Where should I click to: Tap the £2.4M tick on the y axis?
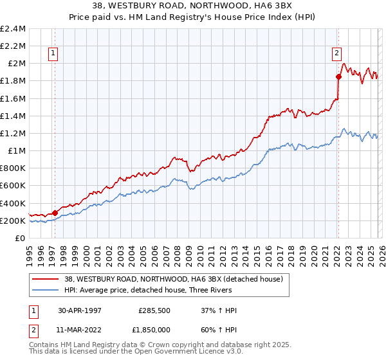[x=14, y=29]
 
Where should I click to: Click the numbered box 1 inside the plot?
[x=52, y=54]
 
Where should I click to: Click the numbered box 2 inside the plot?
[x=336, y=54]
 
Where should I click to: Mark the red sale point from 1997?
[x=55, y=213]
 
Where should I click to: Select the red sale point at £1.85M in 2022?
[x=338, y=76]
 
